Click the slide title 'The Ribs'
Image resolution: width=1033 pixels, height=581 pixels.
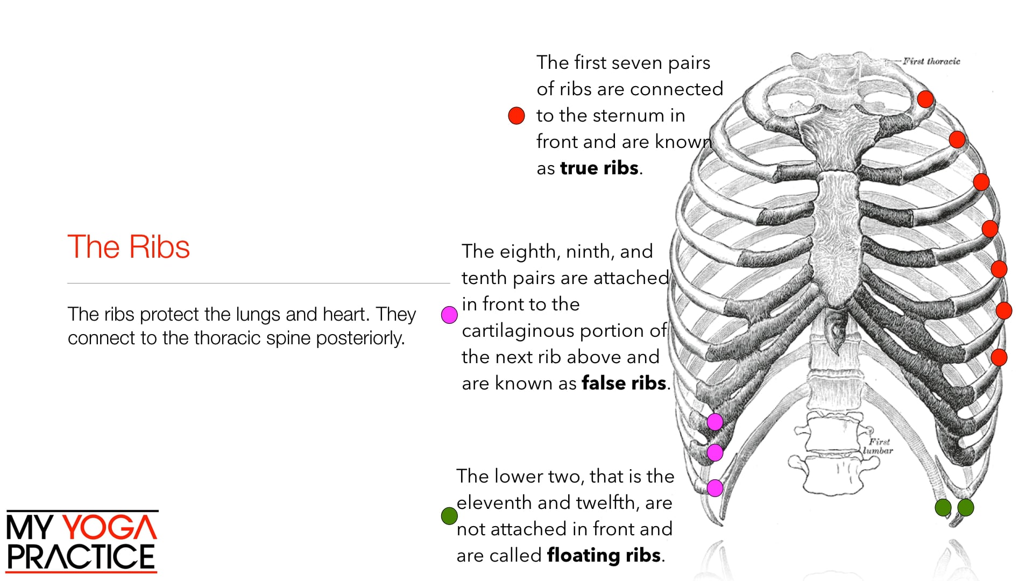pyautogui.click(x=129, y=247)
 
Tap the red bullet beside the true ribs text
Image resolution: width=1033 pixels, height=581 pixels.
pyautogui.click(x=516, y=116)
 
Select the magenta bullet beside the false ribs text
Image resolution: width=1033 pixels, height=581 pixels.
pyautogui.click(x=449, y=315)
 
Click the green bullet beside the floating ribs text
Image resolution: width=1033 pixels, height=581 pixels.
pyautogui.click(x=449, y=516)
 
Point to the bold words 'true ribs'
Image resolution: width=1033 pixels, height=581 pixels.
pyautogui.click(x=599, y=168)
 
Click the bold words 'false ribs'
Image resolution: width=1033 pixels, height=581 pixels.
pyautogui.click(x=624, y=383)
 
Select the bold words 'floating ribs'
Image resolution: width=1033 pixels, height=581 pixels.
pyautogui.click(x=604, y=555)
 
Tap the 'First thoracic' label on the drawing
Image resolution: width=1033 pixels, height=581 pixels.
pyautogui.click(x=931, y=61)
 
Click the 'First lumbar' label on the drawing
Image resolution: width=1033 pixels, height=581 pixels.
pyautogui.click(x=879, y=447)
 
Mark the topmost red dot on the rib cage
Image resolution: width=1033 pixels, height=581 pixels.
pyautogui.click(x=925, y=99)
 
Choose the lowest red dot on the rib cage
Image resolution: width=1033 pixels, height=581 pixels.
pyautogui.click(x=999, y=357)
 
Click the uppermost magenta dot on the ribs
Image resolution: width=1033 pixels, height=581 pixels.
pyautogui.click(x=715, y=422)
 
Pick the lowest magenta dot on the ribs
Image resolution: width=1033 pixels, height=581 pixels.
pyautogui.click(x=715, y=488)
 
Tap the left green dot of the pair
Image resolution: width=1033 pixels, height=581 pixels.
pyautogui.click(x=943, y=507)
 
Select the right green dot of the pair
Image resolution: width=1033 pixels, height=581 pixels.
pyautogui.click(x=966, y=507)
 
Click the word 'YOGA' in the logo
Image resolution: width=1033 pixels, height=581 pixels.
pyautogui.click(x=111, y=527)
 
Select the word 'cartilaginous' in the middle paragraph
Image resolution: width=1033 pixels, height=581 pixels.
pyautogui.click(x=528, y=330)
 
